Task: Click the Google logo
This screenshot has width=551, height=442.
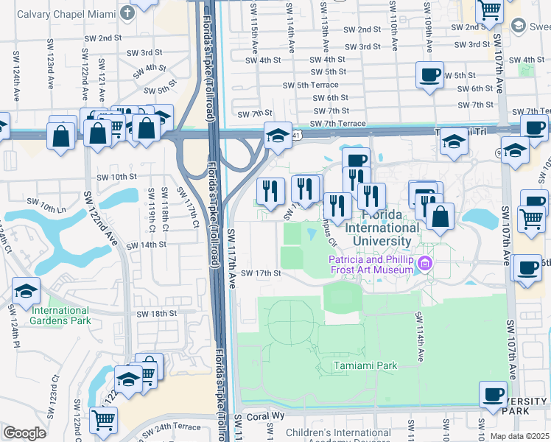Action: [24, 432]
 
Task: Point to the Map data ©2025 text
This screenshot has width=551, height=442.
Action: [519, 436]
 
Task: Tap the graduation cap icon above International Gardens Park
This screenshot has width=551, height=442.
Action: [26, 291]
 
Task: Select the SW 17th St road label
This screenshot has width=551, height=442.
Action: [262, 273]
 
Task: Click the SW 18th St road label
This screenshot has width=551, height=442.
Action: [158, 313]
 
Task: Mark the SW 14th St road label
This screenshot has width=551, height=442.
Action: [144, 245]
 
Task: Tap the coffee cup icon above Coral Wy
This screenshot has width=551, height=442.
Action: [493, 393]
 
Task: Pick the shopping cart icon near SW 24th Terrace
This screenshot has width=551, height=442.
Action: [104, 420]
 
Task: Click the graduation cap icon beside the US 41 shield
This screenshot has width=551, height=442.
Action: [278, 136]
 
